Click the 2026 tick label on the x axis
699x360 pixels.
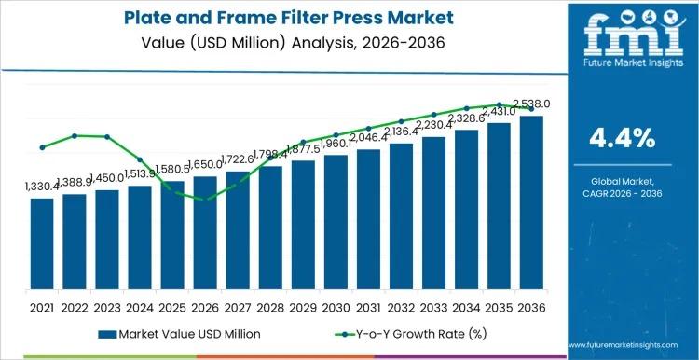click(x=205, y=306)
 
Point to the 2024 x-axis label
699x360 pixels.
click(x=140, y=306)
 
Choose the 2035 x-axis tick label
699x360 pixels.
click(x=499, y=306)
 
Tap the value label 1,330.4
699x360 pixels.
click(x=42, y=187)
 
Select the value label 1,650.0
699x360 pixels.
click(x=205, y=166)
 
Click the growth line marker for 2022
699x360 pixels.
click(x=75, y=136)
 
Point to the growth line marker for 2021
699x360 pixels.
click(x=42, y=147)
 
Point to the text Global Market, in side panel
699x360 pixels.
click(x=623, y=180)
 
